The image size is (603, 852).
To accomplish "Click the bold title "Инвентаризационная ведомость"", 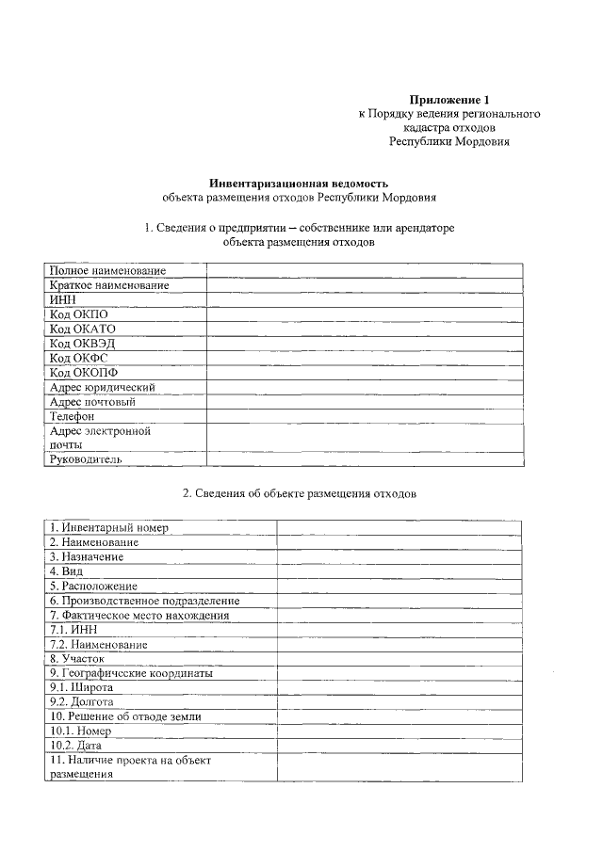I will (298, 183).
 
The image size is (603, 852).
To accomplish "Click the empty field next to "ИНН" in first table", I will (365, 299).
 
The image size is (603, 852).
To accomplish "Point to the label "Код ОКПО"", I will (79, 313).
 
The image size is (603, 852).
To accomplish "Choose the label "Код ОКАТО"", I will (82, 329).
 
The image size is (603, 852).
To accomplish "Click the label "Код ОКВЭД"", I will (82, 343).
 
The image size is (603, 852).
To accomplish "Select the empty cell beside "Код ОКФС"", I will (365, 358).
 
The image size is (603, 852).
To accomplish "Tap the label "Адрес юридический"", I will (103, 387).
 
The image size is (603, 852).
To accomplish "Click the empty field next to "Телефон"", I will (365, 415).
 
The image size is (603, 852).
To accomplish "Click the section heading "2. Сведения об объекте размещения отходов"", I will (299, 493).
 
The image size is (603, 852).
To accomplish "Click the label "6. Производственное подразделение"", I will (145, 600).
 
